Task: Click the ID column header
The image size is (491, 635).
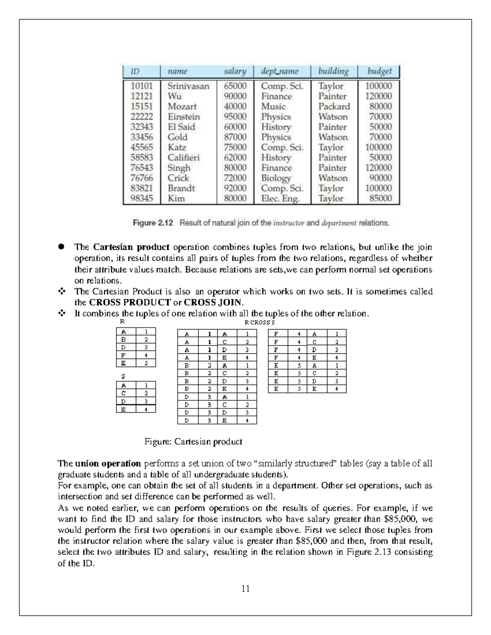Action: [x=135, y=71]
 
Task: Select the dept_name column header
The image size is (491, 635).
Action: [x=280, y=71]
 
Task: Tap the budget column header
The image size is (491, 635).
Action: [x=379, y=71]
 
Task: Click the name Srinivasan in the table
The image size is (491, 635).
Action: [x=188, y=86]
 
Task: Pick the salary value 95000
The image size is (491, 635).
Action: [x=235, y=117]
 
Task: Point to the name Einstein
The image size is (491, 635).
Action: [x=184, y=117]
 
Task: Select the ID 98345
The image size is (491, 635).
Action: [x=142, y=199]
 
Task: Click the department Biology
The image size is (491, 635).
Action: [x=276, y=178]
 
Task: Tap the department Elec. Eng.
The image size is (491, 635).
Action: [x=280, y=199]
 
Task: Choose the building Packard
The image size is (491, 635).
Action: [x=334, y=107]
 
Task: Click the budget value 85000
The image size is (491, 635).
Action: [x=381, y=199]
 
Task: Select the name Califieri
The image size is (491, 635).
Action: [x=184, y=158]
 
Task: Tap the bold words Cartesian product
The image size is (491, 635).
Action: [x=131, y=247]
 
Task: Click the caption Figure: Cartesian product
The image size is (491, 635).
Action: [x=194, y=442]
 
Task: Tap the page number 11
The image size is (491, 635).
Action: [x=245, y=589]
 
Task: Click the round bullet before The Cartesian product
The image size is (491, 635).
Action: [x=61, y=247]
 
